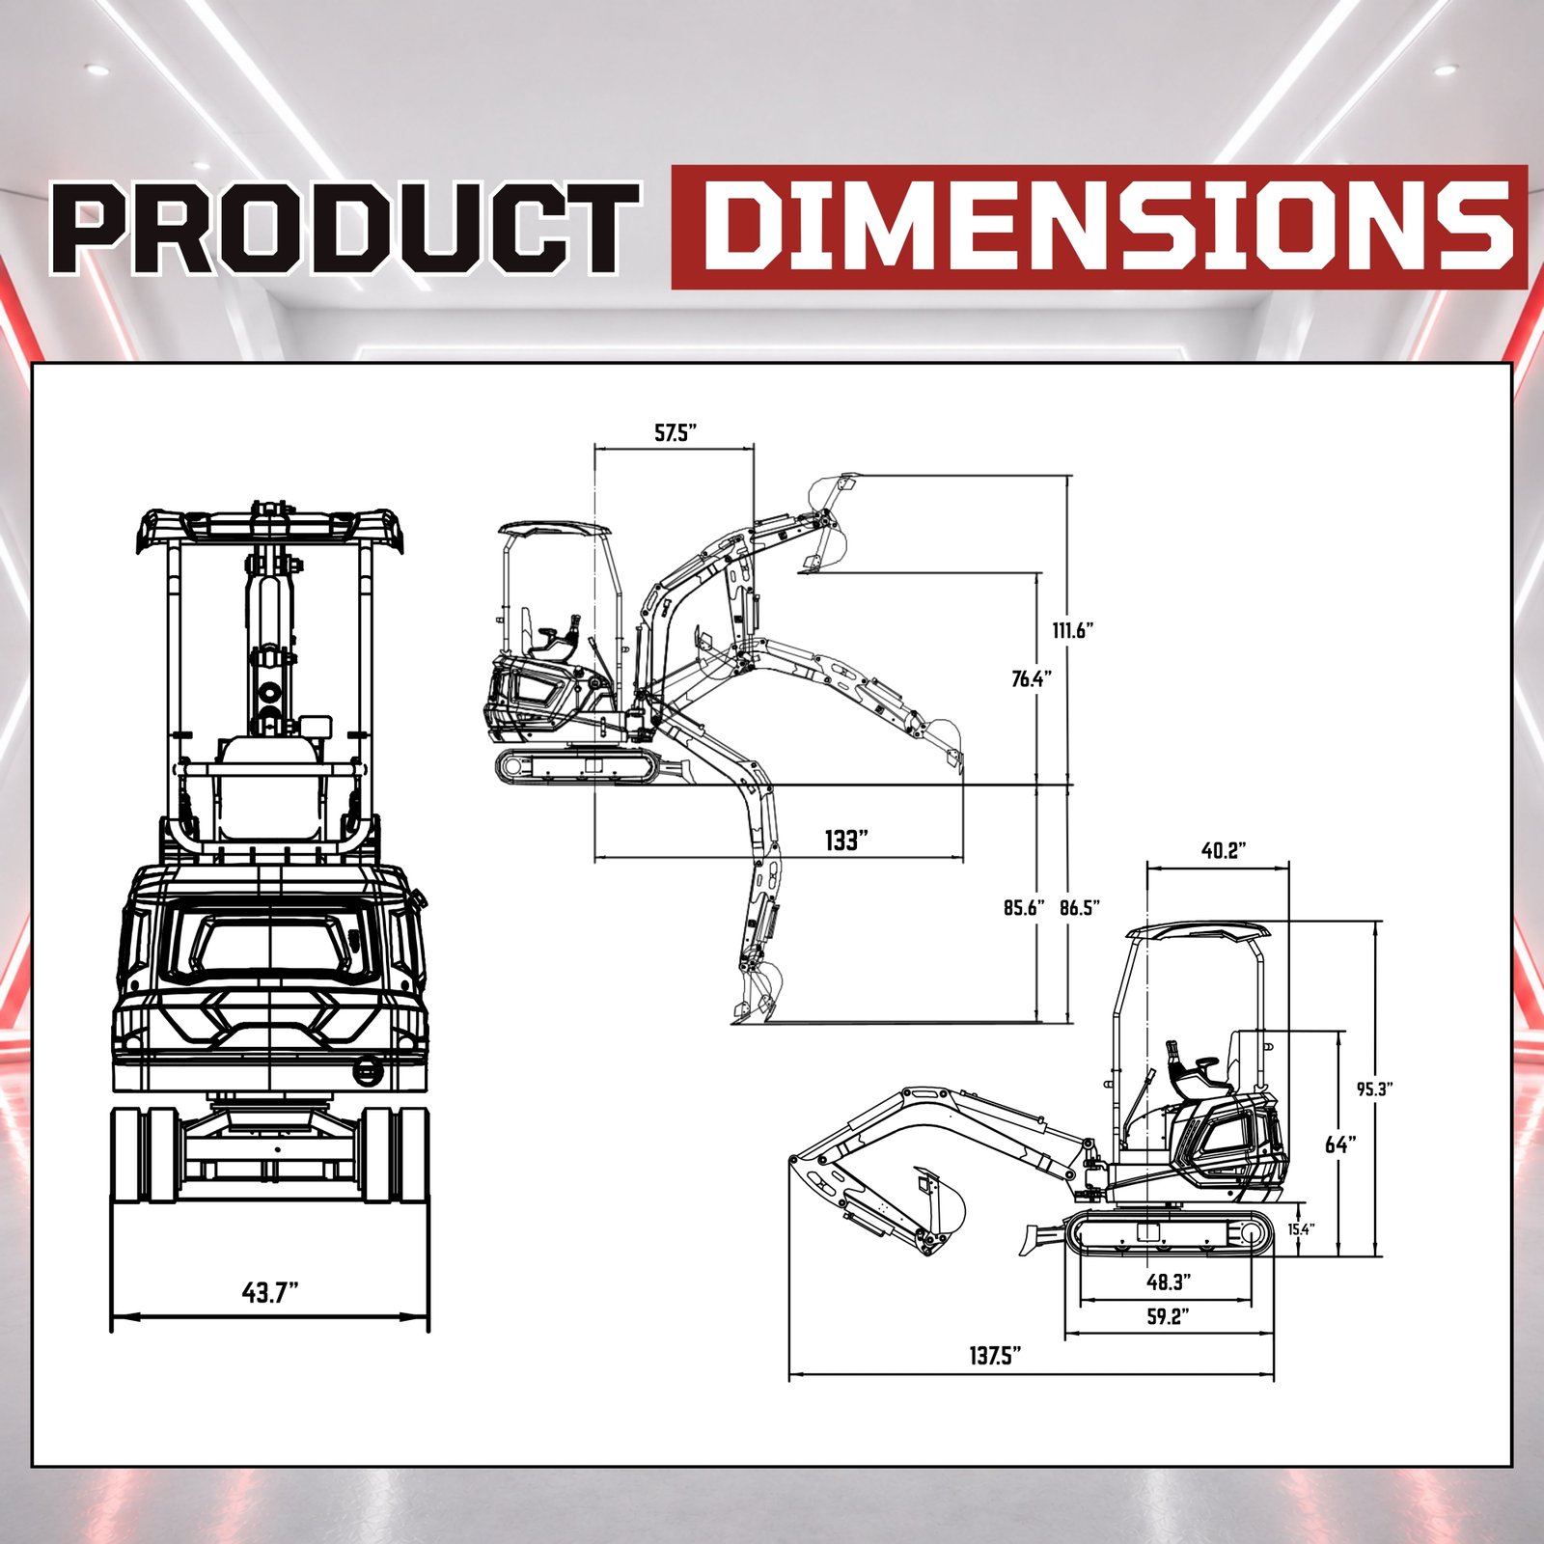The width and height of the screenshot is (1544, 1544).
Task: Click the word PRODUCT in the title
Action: pyautogui.click(x=346, y=228)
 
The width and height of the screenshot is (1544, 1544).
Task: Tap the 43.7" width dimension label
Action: pyautogui.click(x=270, y=1291)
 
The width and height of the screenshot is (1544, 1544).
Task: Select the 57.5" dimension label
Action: pyautogui.click(x=675, y=432)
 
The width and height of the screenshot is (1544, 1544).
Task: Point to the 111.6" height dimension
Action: pyautogui.click(x=1072, y=631)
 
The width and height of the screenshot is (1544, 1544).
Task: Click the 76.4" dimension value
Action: pyautogui.click(x=1031, y=678)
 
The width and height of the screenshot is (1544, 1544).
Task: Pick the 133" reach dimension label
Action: pyautogui.click(x=846, y=841)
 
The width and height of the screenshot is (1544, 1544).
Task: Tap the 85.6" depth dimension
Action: pyautogui.click(x=1024, y=907)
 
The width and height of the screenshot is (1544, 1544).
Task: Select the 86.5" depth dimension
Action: pyautogui.click(x=1080, y=907)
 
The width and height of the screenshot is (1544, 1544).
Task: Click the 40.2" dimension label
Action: pyautogui.click(x=1224, y=850)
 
